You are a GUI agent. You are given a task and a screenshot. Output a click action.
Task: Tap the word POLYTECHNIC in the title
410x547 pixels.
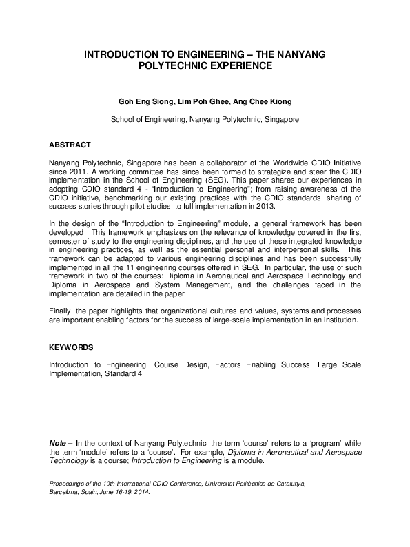172,66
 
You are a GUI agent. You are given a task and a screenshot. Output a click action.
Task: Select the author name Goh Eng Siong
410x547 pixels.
147,101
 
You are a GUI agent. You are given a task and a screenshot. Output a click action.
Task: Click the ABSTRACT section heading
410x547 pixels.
70,145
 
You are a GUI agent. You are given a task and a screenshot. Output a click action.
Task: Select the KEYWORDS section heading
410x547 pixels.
72,348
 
